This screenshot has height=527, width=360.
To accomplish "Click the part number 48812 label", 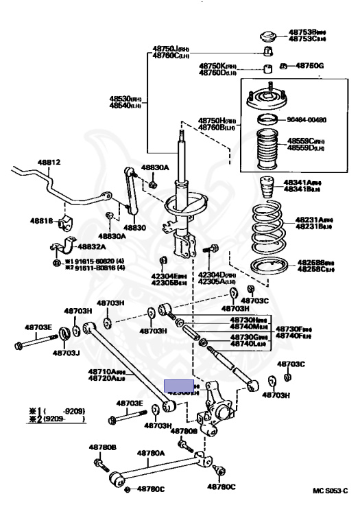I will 49,163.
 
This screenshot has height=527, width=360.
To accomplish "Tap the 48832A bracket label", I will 93,247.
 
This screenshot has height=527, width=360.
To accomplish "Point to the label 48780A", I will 151,453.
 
